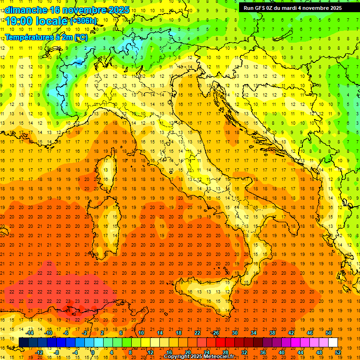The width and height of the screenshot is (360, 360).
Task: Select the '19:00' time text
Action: (x=19, y=21)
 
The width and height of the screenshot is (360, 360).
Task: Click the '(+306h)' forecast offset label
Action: (x=83, y=21)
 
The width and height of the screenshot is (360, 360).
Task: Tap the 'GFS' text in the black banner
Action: (x=259, y=8)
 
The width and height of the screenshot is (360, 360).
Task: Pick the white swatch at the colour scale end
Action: (x=333, y=342)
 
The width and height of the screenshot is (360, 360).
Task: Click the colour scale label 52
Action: (x=338, y=352)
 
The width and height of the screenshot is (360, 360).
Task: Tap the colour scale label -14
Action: (x=30, y=333)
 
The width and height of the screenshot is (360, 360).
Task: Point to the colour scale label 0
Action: (x=92, y=352)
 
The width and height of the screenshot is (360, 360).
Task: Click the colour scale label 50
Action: (x=329, y=333)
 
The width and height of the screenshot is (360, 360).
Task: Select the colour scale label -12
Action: (x=39, y=352)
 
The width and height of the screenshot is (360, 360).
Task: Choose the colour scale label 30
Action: (x=235, y=333)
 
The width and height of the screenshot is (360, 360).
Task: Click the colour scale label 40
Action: (x=282, y=352)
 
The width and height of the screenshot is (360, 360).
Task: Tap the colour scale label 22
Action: (x=197, y=333)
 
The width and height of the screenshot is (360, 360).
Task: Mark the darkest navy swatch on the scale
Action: (x=23, y=342)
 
